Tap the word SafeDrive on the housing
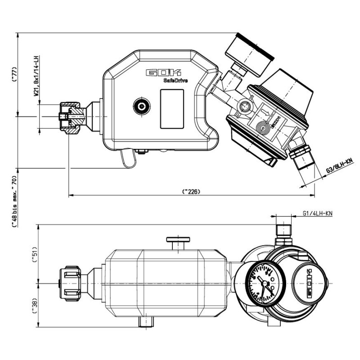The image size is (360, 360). click(176, 81)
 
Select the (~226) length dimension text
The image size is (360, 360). click(191, 191)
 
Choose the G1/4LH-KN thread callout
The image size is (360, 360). click(317, 213)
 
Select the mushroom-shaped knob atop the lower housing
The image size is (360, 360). click(178, 241)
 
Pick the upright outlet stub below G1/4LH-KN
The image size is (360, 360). click(283, 229)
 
